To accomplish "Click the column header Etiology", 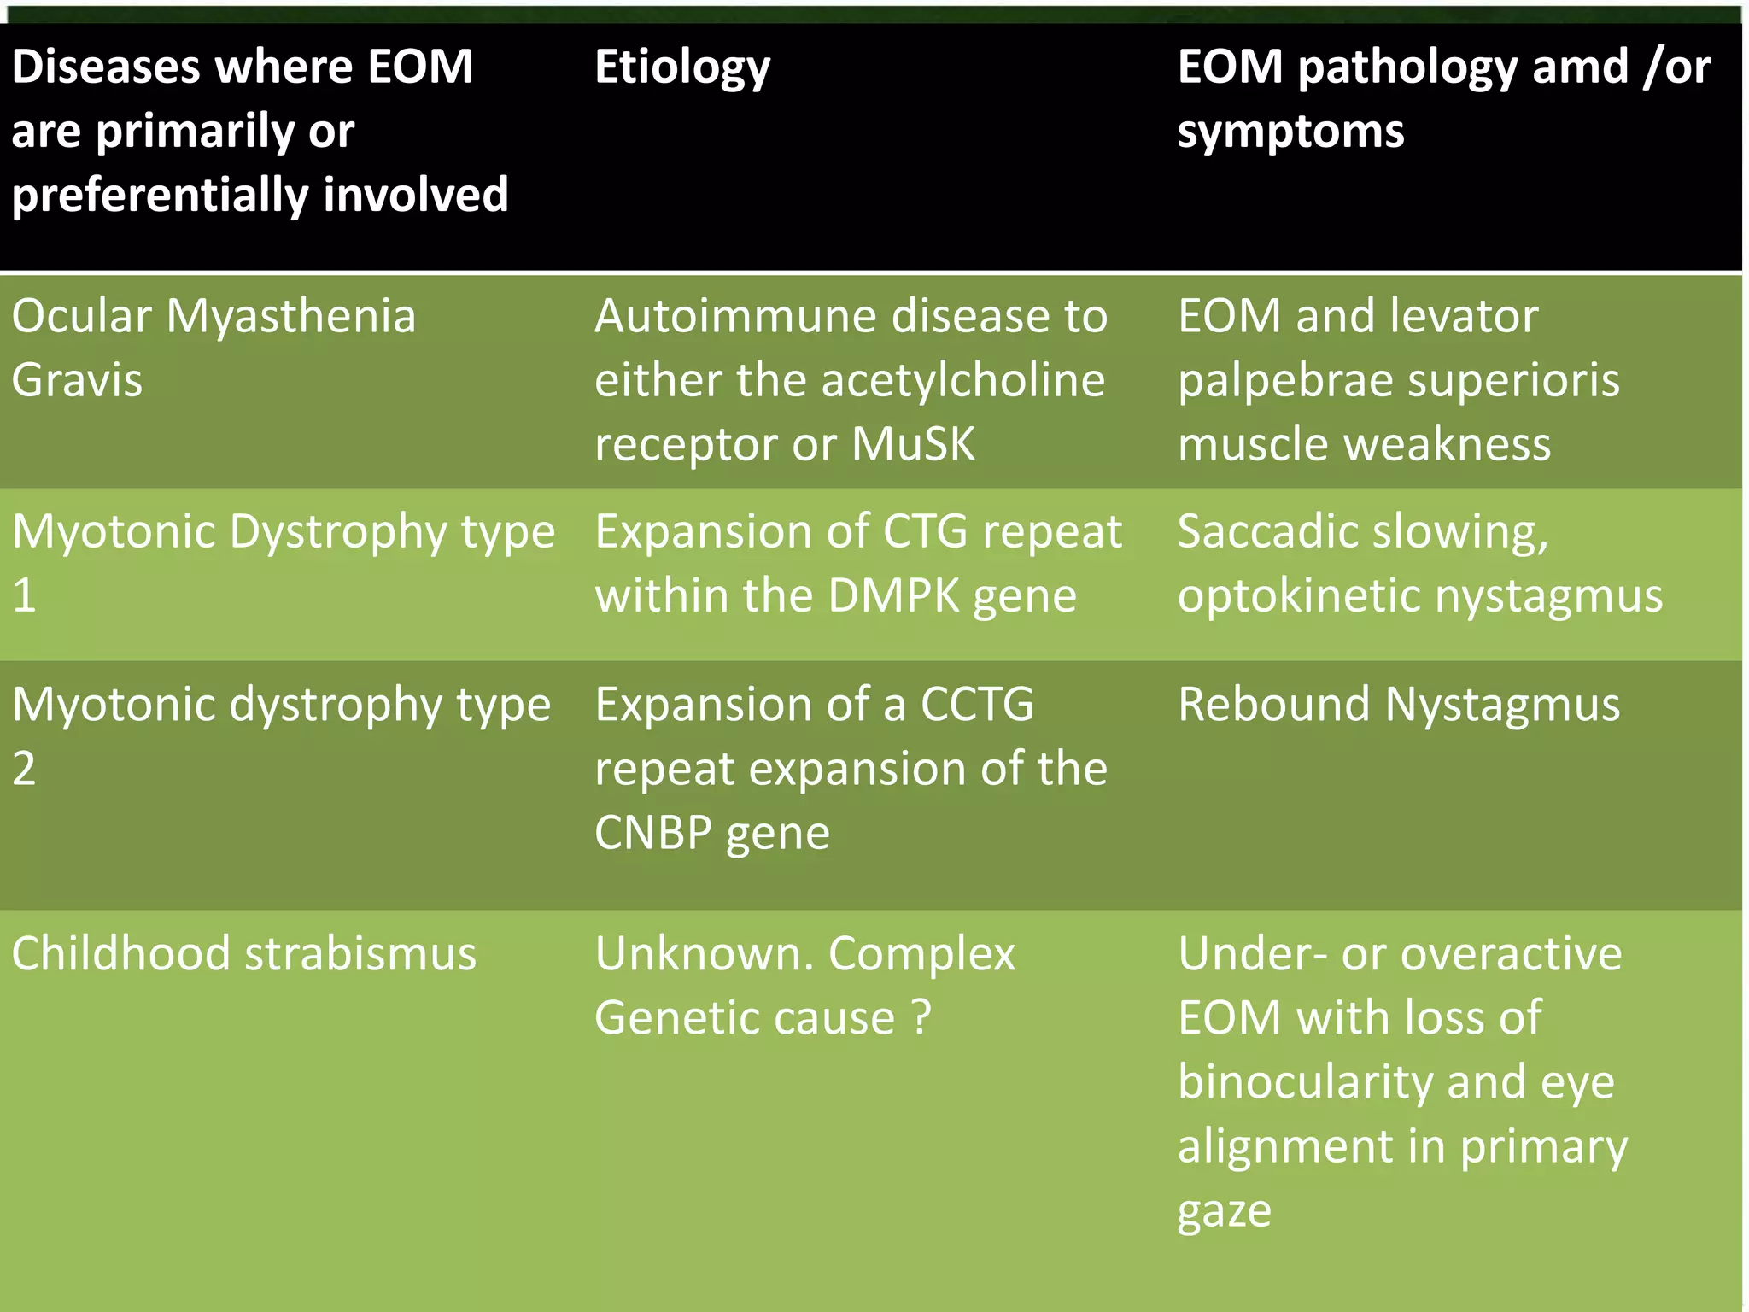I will click(x=681, y=68).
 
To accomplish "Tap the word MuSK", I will click(x=913, y=444).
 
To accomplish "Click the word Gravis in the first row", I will click(x=77, y=380).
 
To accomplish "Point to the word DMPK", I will click(x=893, y=595).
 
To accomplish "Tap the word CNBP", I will click(x=653, y=833).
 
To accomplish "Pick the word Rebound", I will click(x=1274, y=705).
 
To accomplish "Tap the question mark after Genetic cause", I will click(x=921, y=1017).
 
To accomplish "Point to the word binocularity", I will click(x=1304, y=1082).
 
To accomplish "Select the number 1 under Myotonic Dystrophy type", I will click(x=24, y=595).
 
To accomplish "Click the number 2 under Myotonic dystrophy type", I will click(x=24, y=769).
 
